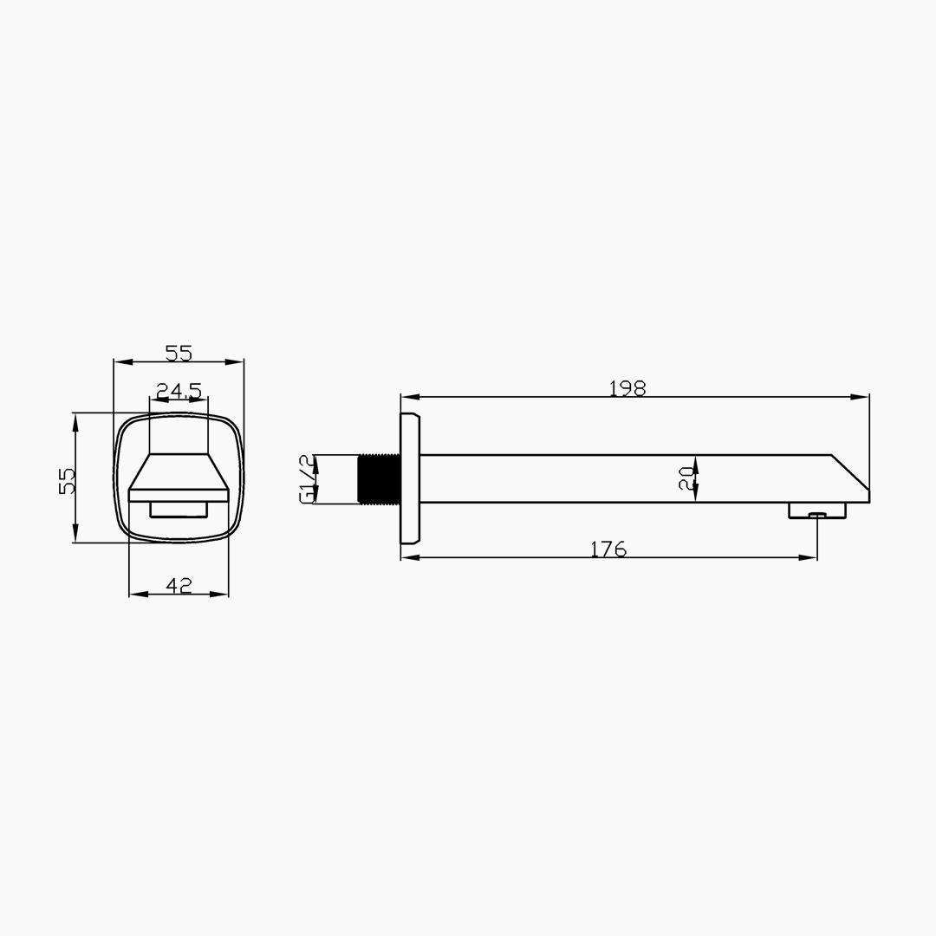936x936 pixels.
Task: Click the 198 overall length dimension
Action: pos(627,388)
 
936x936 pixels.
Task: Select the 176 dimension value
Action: pos(608,549)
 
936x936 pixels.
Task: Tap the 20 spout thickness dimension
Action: pos(686,478)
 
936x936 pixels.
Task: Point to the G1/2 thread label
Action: pos(306,478)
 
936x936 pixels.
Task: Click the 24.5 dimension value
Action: pos(179,391)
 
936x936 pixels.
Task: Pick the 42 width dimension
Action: pos(179,586)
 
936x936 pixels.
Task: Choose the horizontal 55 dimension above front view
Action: pos(179,354)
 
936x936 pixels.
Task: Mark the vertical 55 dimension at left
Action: pos(67,480)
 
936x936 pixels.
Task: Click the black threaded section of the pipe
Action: pos(379,478)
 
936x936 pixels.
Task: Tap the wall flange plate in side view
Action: pos(409,478)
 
